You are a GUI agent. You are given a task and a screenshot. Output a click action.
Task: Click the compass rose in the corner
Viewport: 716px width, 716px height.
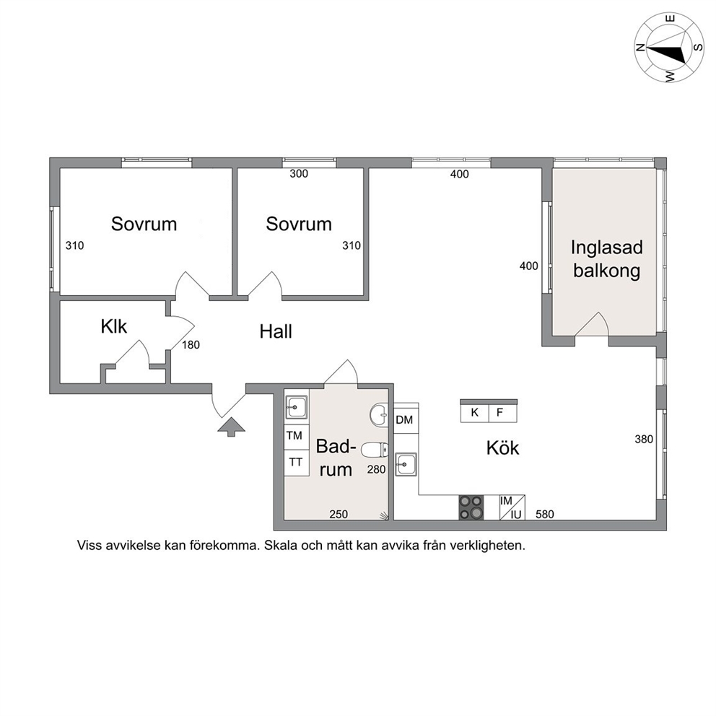[669, 48]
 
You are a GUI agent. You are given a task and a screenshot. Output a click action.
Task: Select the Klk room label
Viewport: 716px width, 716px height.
[114, 326]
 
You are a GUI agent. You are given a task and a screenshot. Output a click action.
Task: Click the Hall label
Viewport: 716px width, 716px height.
[276, 331]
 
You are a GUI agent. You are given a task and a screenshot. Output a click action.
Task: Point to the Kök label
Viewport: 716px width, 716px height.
[503, 448]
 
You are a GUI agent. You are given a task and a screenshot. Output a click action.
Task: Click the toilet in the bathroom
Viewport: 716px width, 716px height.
[375, 450]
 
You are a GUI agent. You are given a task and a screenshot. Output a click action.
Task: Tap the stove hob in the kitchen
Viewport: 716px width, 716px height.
[471, 507]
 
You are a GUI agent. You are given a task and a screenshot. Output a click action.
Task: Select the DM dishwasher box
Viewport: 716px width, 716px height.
[405, 419]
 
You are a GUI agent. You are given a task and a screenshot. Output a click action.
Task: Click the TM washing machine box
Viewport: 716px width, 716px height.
[294, 436]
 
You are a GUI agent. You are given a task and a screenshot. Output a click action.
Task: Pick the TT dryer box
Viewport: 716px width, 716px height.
[295, 463]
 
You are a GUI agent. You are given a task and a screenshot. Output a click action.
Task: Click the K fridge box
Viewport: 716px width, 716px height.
[474, 413]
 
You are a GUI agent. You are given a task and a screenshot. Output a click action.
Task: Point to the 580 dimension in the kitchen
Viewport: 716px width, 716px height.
[545, 514]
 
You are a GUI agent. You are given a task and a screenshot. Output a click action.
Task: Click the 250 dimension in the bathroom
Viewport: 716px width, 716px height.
[339, 514]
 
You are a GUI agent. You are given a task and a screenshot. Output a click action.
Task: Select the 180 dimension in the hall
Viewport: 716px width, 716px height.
[191, 345]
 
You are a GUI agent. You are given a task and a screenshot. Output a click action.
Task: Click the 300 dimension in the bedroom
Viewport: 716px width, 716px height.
[299, 173]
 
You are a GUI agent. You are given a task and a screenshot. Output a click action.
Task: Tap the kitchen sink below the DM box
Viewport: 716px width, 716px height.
[406, 464]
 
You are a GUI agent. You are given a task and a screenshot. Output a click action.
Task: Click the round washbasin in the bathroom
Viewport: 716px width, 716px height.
[378, 414]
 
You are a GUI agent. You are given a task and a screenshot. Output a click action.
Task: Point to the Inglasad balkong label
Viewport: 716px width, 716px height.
[607, 259]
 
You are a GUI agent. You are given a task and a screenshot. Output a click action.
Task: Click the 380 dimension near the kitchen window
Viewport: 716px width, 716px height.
[644, 440]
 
